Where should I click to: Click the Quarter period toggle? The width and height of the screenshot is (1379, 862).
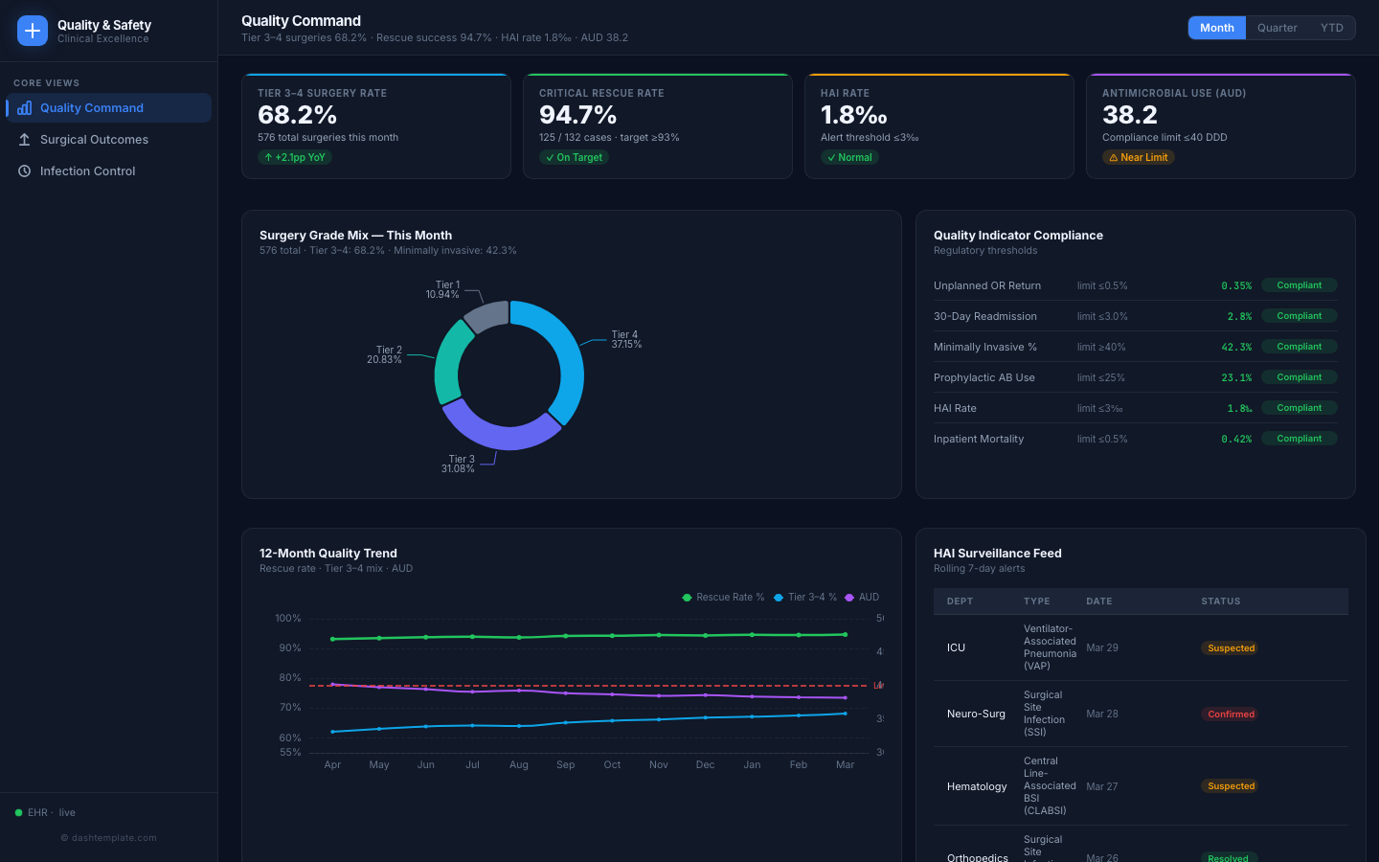tap(1277, 28)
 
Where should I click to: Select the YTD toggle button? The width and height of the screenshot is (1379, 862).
tap(1331, 28)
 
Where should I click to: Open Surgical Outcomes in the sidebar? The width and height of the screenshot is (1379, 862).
tap(94, 140)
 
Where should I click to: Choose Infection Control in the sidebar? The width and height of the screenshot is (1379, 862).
tap(87, 171)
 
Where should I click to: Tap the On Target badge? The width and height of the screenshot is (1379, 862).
tap(574, 158)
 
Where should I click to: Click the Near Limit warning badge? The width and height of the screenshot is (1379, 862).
tap(1138, 158)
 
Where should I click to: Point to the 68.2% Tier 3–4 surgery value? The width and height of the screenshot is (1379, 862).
tap(297, 115)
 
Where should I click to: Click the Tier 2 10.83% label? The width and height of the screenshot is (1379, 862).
tap(385, 355)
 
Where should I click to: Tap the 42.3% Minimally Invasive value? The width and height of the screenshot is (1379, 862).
tap(1236, 348)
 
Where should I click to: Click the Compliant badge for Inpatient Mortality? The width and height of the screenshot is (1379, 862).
tap(1299, 439)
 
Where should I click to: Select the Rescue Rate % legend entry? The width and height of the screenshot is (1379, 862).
tap(723, 598)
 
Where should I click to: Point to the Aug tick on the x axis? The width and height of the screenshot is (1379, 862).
tap(519, 765)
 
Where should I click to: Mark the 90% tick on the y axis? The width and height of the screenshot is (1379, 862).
tap(289, 648)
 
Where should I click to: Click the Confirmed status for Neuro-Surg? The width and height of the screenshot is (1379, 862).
tap(1231, 715)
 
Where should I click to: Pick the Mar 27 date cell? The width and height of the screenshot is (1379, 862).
tap(1102, 787)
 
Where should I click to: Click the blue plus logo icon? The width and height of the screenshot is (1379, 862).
tap(33, 31)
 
